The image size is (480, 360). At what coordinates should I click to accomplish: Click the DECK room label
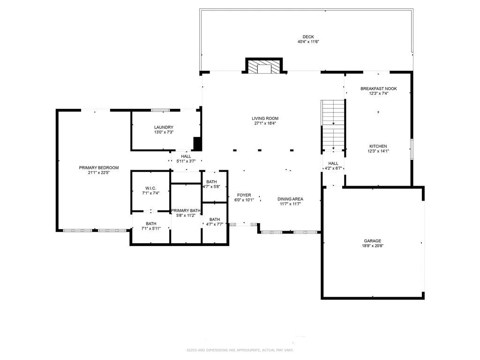click(x=308, y=37)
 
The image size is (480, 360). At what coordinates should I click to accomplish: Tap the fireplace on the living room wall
click(x=265, y=67)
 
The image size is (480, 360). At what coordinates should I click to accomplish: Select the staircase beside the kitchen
click(x=333, y=125)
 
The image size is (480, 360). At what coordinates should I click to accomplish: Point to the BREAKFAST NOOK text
click(x=378, y=88)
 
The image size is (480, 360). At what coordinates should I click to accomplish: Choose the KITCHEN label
click(x=378, y=146)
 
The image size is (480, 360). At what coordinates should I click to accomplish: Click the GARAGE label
click(x=373, y=241)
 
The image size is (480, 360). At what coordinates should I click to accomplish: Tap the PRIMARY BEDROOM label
click(x=98, y=168)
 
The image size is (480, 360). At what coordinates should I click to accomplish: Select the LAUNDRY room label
click(x=164, y=127)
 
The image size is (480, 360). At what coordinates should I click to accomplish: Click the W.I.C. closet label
click(x=150, y=188)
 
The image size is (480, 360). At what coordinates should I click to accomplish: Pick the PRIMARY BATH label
click(x=186, y=210)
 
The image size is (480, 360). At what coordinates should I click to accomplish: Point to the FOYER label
click(x=244, y=195)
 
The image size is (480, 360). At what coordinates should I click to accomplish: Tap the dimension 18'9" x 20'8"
click(x=373, y=246)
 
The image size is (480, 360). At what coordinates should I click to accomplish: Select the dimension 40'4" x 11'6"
click(x=308, y=42)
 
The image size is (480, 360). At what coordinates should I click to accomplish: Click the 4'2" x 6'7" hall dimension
click(x=333, y=168)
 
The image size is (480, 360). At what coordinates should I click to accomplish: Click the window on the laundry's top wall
click(x=160, y=110)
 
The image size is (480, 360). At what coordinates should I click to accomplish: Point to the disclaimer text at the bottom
click(x=240, y=350)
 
